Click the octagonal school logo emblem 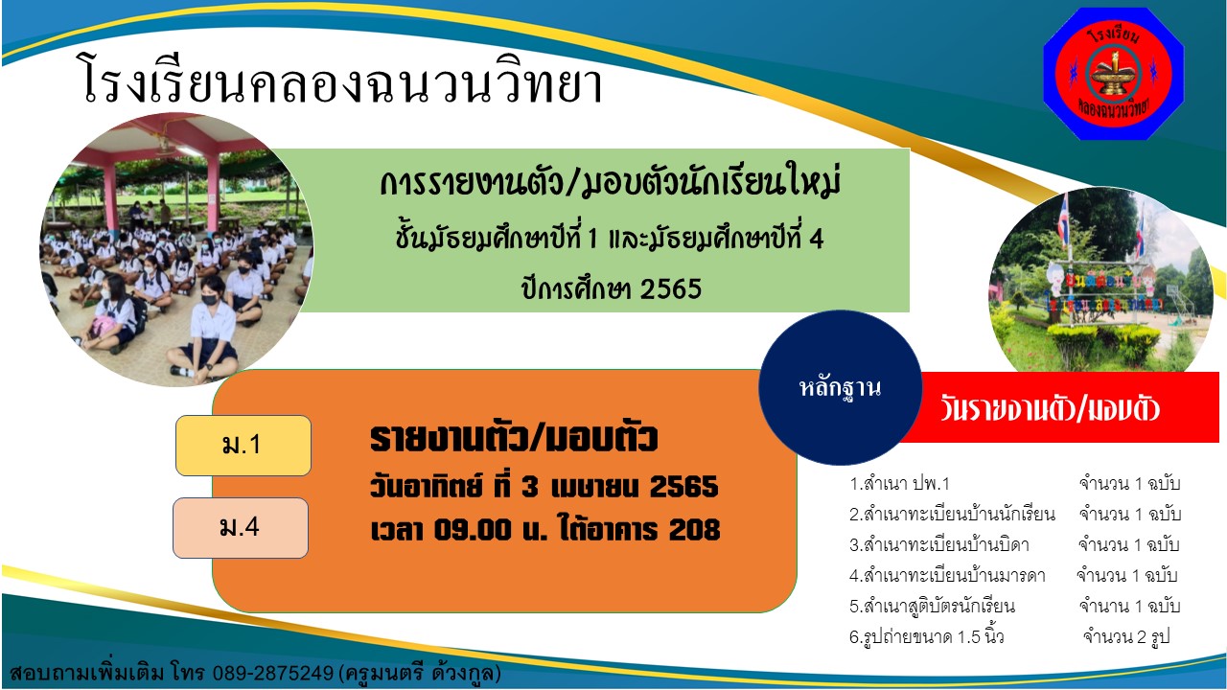click(x=1113, y=74)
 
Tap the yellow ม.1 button click(x=243, y=446)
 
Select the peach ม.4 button click(x=241, y=528)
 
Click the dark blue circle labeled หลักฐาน click(x=841, y=388)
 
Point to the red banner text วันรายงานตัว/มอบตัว click(x=1050, y=409)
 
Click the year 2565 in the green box click(x=670, y=288)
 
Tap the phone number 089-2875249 click(x=273, y=672)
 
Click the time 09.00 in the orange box click(x=473, y=530)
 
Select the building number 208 click(x=695, y=530)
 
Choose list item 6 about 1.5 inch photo click(x=926, y=637)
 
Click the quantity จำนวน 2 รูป click(x=1126, y=637)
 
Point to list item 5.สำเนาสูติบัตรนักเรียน click(x=932, y=607)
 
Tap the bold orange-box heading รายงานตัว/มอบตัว click(x=514, y=438)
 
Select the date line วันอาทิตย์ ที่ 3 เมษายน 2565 click(x=544, y=486)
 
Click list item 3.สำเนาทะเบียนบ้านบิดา click(x=938, y=545)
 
